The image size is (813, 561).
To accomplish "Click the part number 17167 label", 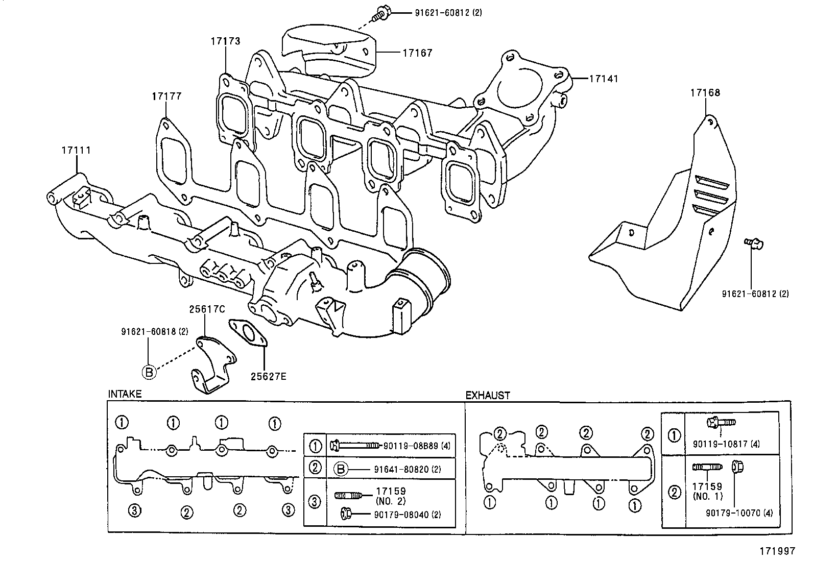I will pyautogui.click(x=417, y=53).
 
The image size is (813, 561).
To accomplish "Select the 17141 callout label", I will pyautogui.click(x=603, y=79).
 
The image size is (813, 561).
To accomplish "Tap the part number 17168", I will pyautogui.click(x=705, y=92).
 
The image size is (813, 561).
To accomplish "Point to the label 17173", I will pyautogui.click(x=225, y=41).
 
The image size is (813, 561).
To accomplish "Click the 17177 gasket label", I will pyautogui.click(x=166, y=96).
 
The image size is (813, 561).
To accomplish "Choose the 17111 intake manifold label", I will pyautogui.click(x=76, y=150).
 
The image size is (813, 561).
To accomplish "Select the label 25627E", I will pyautogui.click(x=268, y=377).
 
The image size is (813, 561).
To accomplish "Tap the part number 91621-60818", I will pyautogui.click(x=148, y=331).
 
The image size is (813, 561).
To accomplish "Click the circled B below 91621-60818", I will pyautogui.click(x=149, y=372).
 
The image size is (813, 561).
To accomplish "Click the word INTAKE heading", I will pyautogui.click(x=125, y=394).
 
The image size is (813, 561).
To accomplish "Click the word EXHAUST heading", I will pyautogui.click(x=487, y=395).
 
